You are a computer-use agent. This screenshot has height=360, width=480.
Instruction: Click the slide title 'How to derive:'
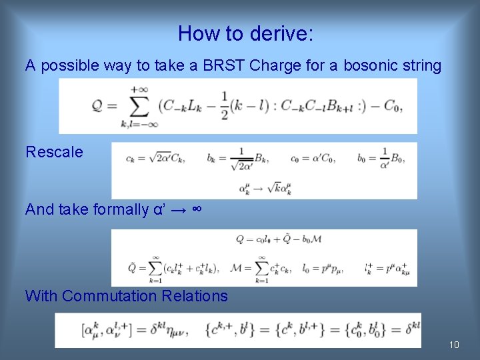(245, 33)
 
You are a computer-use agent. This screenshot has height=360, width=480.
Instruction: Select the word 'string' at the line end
(420, 65)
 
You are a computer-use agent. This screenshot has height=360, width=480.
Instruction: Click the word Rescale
(54, 152)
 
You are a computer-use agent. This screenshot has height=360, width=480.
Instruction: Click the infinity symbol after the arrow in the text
(197, 209)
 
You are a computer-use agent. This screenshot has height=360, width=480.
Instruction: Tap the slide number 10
(454, 345)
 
